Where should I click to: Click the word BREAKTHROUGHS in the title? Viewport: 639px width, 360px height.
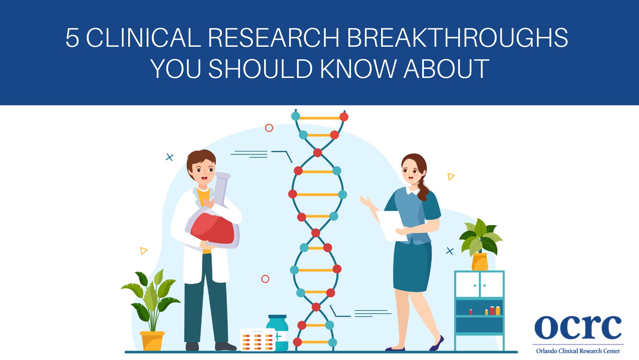tap(457, 38)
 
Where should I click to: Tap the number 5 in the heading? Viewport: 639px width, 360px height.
tap(72, 38)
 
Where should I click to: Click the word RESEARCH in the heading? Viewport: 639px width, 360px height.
tap(274, 38)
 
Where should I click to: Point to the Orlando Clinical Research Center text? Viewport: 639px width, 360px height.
tap(578, 351)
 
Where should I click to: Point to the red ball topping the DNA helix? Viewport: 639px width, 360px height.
tap(344, 116)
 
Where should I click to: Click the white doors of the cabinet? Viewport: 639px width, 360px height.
tap(479, 285)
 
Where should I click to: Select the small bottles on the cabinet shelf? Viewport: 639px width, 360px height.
tap(492, 311)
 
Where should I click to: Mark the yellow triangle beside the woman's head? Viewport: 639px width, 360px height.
tap(451, 176)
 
